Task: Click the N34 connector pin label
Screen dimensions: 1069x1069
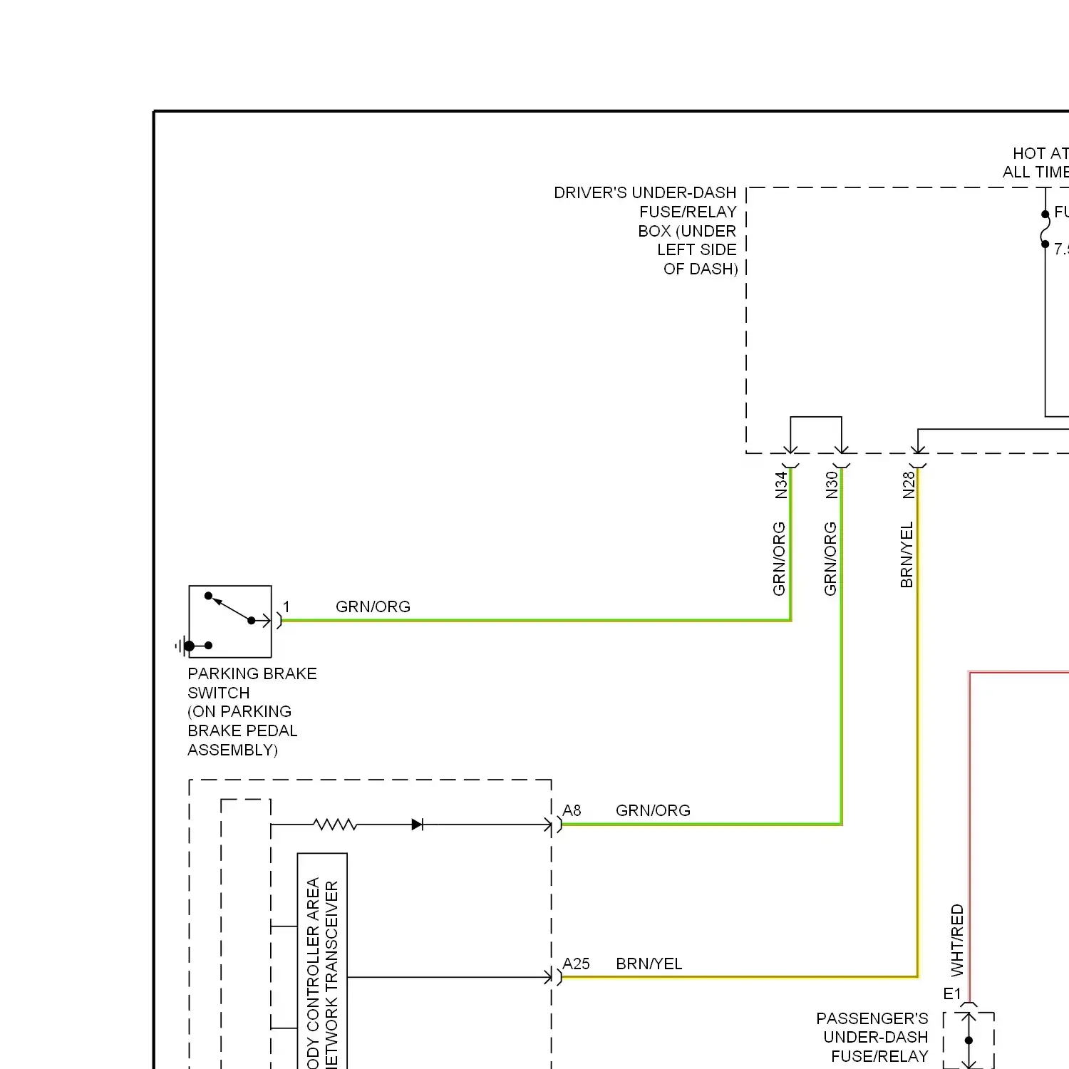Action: tap(781, 485)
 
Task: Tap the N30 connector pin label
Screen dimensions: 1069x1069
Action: tap(832, 485)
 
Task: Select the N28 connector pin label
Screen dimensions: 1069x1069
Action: tap(909, 485)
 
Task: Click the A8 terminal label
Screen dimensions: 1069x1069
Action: tap(572, 811)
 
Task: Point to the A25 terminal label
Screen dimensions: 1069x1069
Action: tap(576, 964)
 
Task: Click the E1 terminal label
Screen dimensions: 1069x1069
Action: tap(952, 994)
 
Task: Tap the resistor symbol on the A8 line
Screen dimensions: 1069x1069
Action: tap(335, 825)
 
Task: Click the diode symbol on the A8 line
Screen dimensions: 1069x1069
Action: tap(418, 825)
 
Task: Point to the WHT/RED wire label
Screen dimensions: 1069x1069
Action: tap(957, 940)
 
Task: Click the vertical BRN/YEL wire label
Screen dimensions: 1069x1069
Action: tap(907, 555)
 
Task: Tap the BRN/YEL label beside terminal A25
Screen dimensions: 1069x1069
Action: tap(649, 964)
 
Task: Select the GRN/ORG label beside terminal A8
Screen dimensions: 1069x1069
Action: tap(653, 811)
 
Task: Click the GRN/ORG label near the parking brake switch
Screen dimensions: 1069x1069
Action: tap(373, 607)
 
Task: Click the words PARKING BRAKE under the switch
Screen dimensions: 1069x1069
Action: tap(252, 674)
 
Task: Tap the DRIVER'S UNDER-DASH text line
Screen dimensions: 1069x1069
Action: tap(645, 193)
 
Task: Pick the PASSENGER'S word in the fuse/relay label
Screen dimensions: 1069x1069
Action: tap(872, 1019)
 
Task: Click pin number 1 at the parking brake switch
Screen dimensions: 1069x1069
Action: tap(286, 607)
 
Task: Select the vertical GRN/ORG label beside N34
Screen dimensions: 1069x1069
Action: tap(779, 559)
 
